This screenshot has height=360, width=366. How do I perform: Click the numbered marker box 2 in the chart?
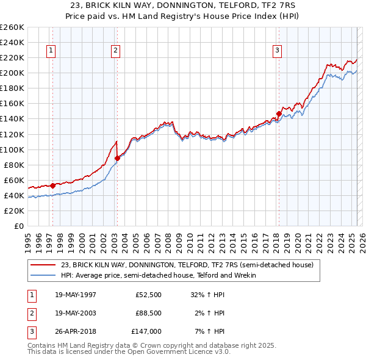pos(115,51)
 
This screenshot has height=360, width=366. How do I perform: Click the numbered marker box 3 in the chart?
pos(277,51)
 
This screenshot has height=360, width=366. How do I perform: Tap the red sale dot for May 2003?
pos(117,158)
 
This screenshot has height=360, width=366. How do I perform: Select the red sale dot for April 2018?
pos(279,113)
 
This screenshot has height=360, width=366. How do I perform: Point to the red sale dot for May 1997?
pos(52,185)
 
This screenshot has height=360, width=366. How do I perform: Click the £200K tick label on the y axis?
pos(12,73)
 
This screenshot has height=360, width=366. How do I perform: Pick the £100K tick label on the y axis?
pos(12,149)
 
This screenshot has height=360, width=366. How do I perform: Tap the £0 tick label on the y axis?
pos(18,226)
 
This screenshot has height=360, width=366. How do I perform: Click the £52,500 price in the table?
pos(148,294)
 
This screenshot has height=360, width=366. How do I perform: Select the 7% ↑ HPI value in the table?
pos(212,332)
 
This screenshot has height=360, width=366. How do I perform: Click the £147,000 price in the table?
pos(147,332)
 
